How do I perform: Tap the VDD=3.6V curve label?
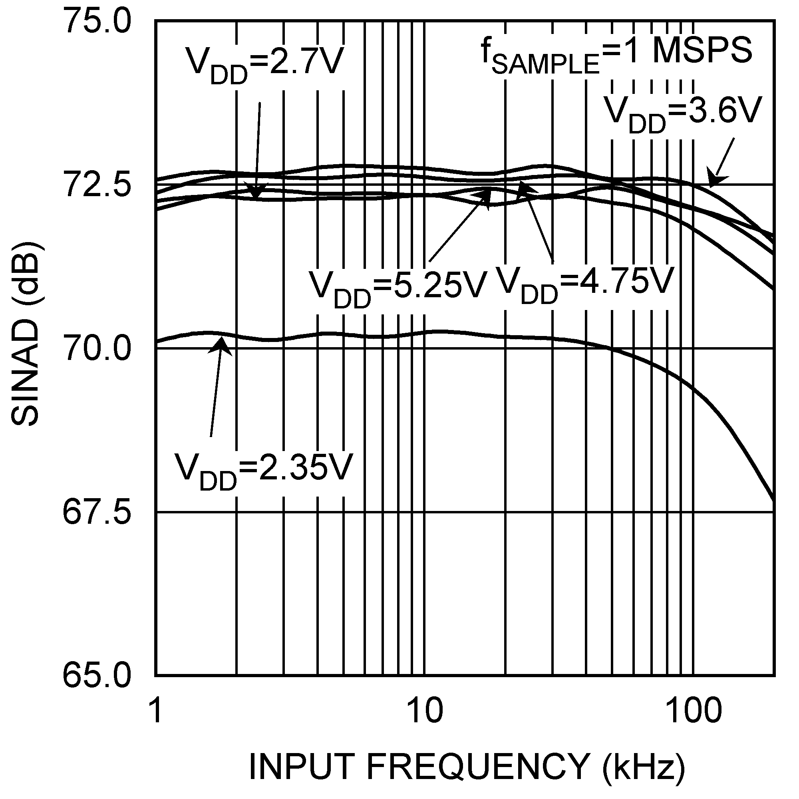pyautogui.click(x=682, y=114)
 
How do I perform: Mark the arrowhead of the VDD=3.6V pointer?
pyautogui.click(x=713, y=182)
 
